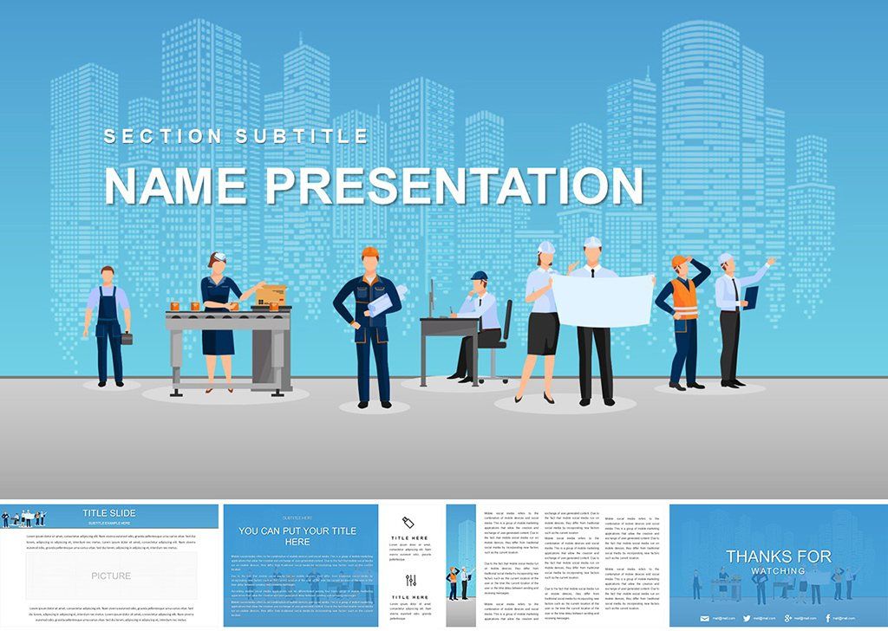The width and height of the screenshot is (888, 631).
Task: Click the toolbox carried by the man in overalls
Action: click(x=127, y=339)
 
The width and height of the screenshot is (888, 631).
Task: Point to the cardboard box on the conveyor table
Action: click(x=272, y=293)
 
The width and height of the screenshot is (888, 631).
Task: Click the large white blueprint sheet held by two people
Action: click(x=603, y=299)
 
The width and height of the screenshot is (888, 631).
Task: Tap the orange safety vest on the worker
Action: click(x=685, y=302)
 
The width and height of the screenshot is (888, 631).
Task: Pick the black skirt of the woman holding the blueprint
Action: click(x=543, y=334)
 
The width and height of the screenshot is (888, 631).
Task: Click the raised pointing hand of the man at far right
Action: click(x=770, y=260)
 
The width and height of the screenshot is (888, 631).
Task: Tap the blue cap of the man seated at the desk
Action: click(x=479, y=276)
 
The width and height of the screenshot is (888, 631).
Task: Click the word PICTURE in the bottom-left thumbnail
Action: click(x=111, y=576)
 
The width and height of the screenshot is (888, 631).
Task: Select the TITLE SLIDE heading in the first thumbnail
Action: click(x=108, y=513)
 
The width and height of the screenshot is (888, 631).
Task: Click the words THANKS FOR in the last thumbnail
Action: click(x=778, y=556)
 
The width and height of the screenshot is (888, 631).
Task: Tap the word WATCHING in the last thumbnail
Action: click(x=778, y=571)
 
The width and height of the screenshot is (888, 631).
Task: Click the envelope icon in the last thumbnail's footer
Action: click(x=705, y=617)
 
